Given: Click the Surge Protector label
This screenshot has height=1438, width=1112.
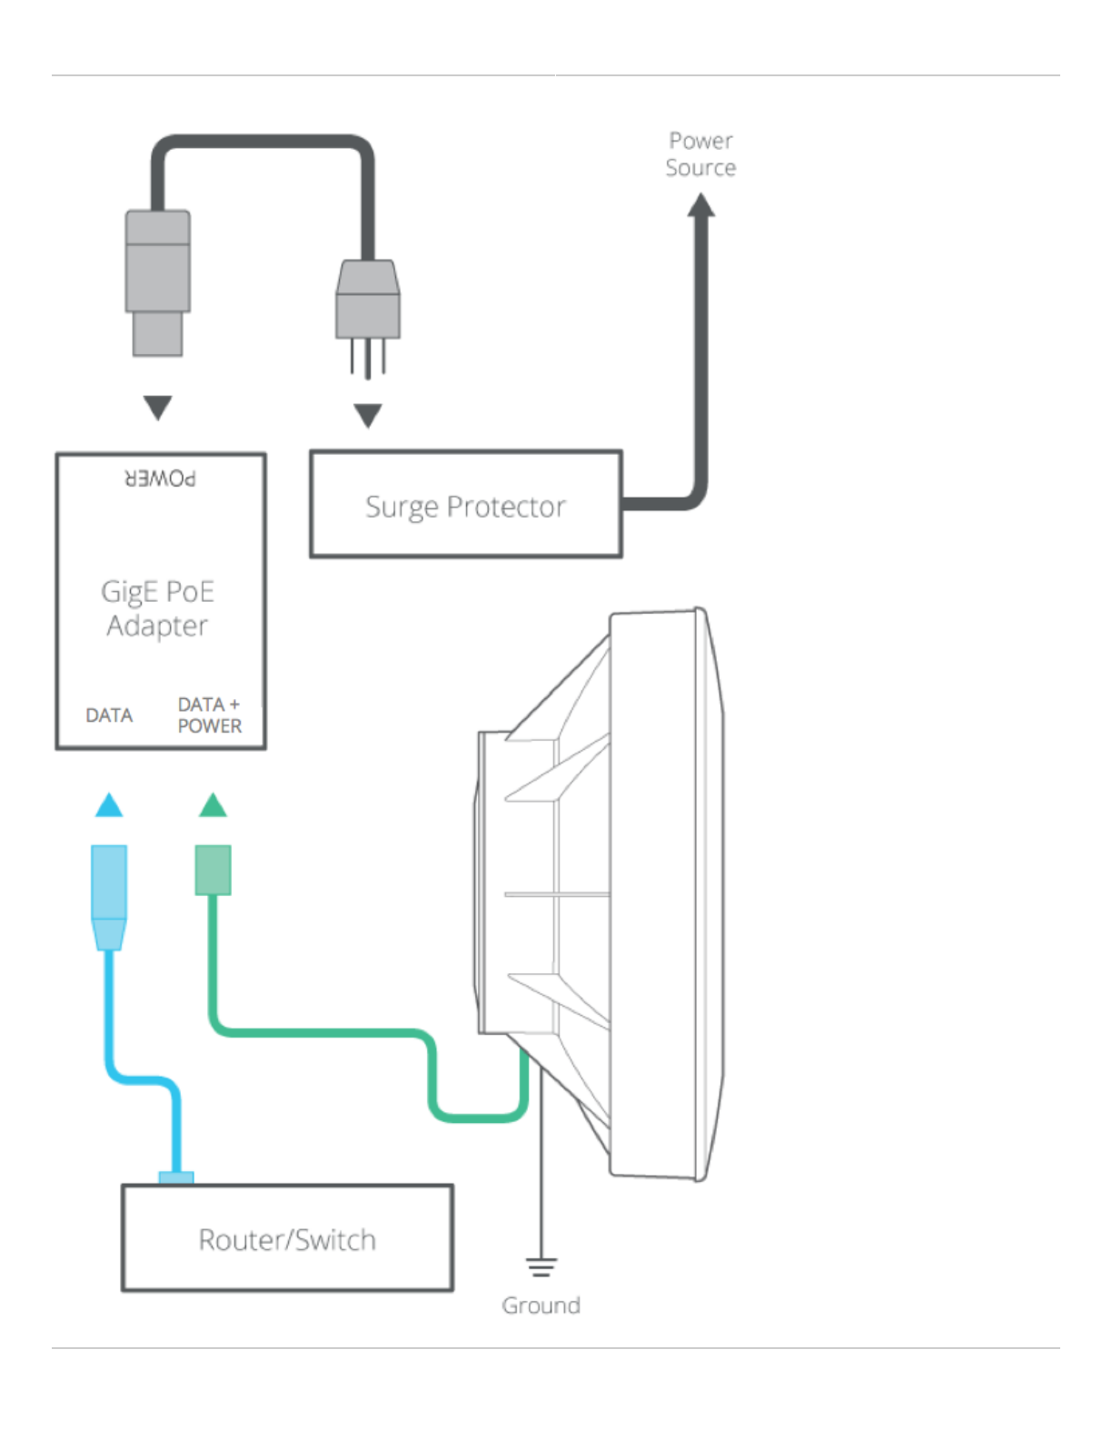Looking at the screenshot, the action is click(x=465, y=507).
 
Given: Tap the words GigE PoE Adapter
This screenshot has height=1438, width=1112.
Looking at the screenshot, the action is click(x=158, y=608).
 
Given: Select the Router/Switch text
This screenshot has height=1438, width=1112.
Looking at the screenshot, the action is click(x=287, y=1239).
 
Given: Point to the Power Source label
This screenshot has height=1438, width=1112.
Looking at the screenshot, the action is click(x=700, y=154).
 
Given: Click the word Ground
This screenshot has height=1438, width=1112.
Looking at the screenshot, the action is click(x=541, y=1305).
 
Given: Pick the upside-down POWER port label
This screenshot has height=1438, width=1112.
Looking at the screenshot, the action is click(x=160, y=478).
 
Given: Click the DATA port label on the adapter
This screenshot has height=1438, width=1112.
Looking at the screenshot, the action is click(x=109, y=715).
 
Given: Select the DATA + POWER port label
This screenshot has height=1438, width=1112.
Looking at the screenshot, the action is click(x=209, y=714).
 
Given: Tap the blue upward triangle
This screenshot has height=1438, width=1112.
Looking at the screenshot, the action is click(x=109, y=804).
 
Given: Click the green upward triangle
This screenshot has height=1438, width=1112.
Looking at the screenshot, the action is click(x=213, y=804).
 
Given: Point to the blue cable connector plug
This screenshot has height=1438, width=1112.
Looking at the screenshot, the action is click(x=109, y=897).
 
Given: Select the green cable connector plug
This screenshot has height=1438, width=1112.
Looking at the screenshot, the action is click(x=213, y=870).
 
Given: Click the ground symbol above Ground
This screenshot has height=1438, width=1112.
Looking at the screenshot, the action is click(x=541, y=1266).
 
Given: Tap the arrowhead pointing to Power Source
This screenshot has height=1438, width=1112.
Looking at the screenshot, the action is click(x=700, y=204).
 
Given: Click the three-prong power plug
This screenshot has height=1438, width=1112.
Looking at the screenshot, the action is click(x=368, y=319).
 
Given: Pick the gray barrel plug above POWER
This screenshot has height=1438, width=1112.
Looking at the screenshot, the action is click(x=158, y=283).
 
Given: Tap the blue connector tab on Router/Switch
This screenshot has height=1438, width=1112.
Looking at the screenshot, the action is click(x=176, y=1177).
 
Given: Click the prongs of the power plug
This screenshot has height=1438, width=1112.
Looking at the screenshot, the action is click(x=368, y=359).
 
